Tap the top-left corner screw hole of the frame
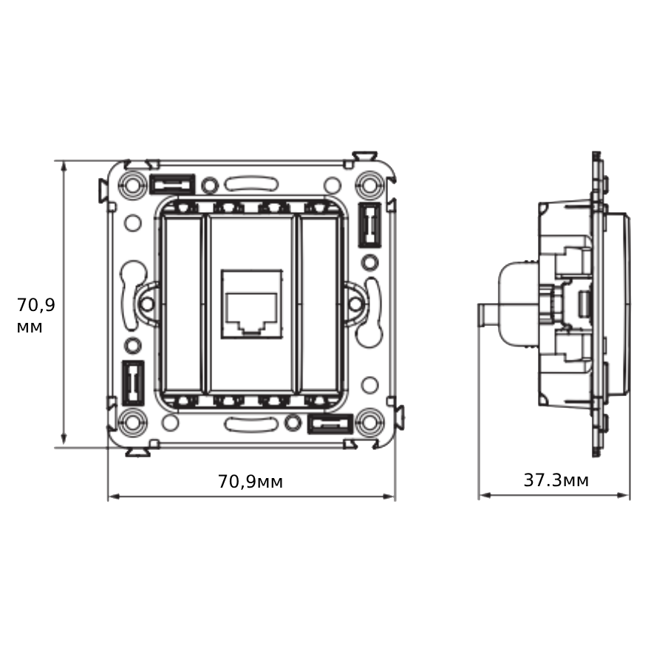tap(133, 183)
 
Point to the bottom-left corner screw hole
tap(133, 423)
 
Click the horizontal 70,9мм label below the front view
tap(250, 482)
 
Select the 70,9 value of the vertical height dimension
tap(36, 304)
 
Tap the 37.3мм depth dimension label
tap(556, 480)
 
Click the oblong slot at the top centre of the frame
tap(250, 182)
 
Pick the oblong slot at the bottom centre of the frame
tap(250, 424)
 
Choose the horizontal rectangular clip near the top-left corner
tap(172, 183)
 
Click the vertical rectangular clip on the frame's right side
tap(369, 224)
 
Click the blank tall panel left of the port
tap(182, 303)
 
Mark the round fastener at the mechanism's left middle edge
tap(147, 303)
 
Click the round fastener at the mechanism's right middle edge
tap(355, 303)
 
